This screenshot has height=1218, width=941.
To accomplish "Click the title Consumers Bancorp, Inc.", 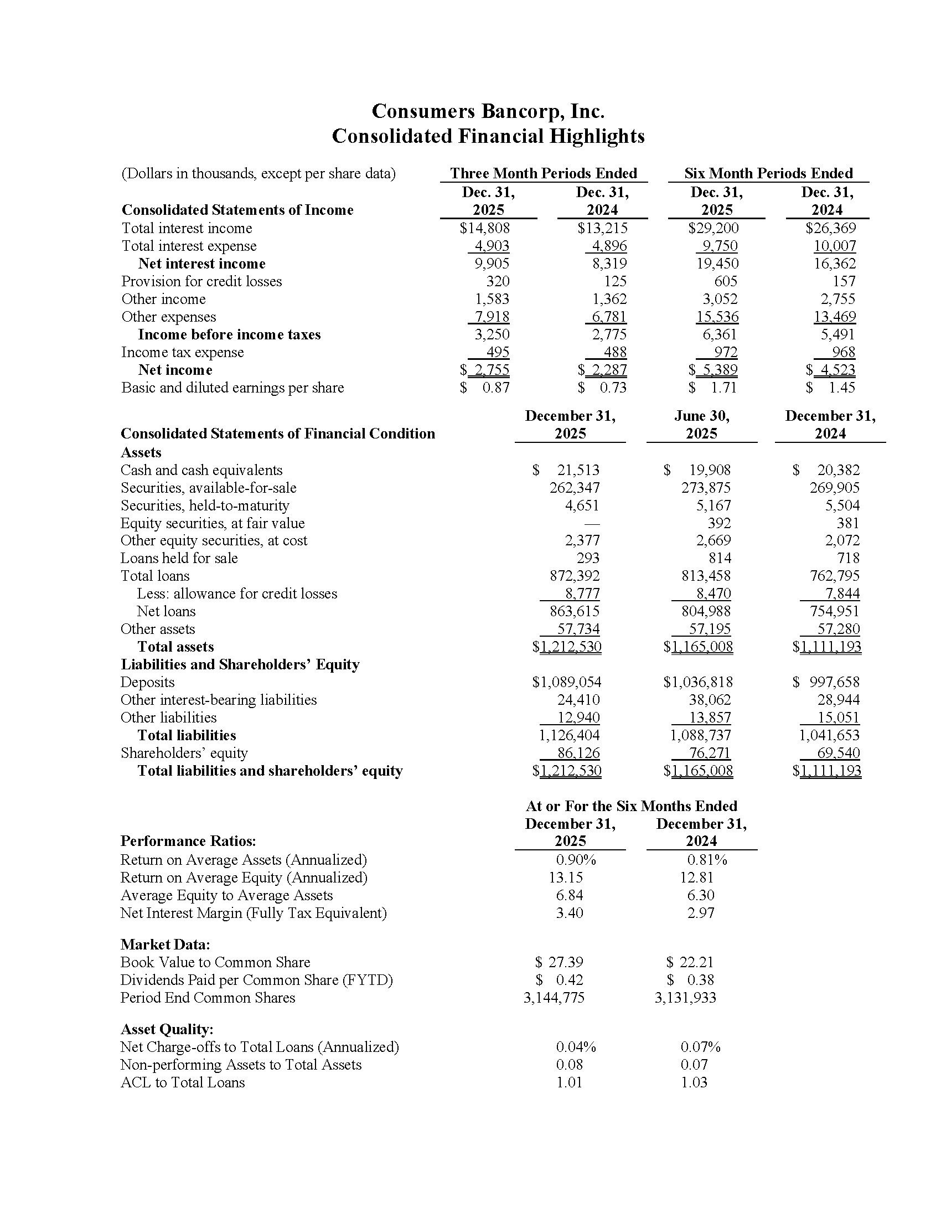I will click(488, 111).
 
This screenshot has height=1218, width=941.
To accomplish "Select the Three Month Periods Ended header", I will click(544, 173).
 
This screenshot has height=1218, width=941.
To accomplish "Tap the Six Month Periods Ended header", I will click(768, 173).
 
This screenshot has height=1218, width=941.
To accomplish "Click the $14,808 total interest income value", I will click(484, 228).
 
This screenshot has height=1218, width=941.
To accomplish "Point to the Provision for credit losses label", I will click(201, 281).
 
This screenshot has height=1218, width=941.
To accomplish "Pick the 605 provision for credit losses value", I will click(725, 281).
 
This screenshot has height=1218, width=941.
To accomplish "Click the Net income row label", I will click(175, 370).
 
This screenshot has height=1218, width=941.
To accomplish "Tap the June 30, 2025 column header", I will click(701, 425).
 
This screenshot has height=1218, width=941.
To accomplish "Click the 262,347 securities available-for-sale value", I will click(574, 488).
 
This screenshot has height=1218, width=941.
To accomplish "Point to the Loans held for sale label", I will click(179, 558).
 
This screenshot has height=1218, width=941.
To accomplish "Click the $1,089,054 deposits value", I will click(566, 682).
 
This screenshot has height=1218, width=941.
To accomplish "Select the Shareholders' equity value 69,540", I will click(839, 753).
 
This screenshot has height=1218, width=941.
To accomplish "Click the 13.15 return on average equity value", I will click(566, 878).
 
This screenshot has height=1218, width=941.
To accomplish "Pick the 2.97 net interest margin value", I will click(700, 913).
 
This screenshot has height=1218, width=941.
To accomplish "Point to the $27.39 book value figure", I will click(559, 962).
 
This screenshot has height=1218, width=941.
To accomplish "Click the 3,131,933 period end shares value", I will click(685, 998).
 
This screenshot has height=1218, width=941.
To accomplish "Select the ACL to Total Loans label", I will click(182, 1082).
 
